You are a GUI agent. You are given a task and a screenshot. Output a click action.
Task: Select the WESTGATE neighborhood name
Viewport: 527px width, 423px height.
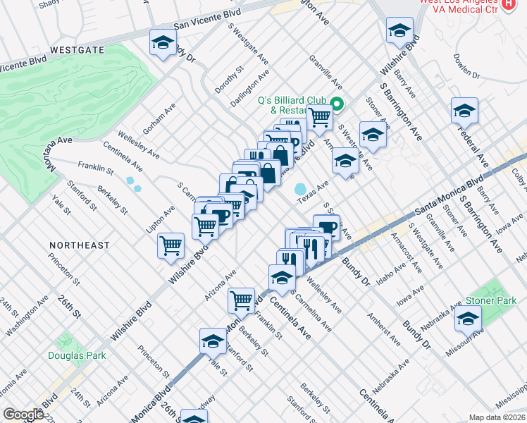tap(77, 50)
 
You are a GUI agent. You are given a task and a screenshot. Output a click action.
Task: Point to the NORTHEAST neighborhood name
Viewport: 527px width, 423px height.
tap(80, 245)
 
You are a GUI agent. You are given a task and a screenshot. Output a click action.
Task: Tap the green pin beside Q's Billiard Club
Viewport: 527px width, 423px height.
tap(337, 105)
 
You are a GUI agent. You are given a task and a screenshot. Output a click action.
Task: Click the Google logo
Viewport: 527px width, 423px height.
tap(23, 415)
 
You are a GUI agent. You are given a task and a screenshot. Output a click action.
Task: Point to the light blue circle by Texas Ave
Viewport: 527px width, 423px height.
tap(301, 190)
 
